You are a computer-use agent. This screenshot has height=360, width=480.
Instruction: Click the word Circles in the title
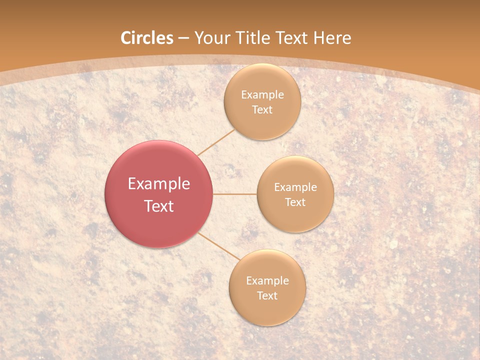[147, 38]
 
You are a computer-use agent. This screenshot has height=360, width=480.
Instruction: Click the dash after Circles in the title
[183, 38]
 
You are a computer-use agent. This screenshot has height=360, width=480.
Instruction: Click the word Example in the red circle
[159, 184]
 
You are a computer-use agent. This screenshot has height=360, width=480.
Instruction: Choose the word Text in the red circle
[159, 206]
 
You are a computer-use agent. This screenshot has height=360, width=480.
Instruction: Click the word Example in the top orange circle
[262, 95]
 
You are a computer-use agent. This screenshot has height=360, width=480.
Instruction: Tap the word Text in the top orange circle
[262, 109]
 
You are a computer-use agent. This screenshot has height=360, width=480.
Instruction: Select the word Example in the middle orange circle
[295, 187]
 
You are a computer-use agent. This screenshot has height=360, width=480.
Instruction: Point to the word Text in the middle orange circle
[295, 202]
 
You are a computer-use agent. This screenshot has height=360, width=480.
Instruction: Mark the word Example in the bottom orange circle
[267, 281]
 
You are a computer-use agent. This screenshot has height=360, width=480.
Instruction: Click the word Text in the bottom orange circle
[267, 295]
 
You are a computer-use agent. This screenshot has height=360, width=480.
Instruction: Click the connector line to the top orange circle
[216, 142]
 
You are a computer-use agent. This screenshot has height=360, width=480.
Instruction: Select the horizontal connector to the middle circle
[235, 194]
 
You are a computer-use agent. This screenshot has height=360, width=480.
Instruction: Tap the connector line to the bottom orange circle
[218, 246]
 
